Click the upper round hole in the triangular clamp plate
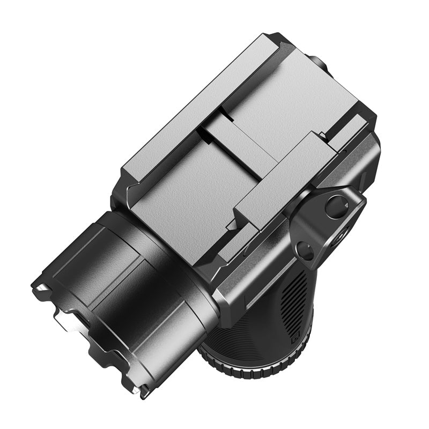pos(337,206)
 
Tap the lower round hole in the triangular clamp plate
pos(305,250)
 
